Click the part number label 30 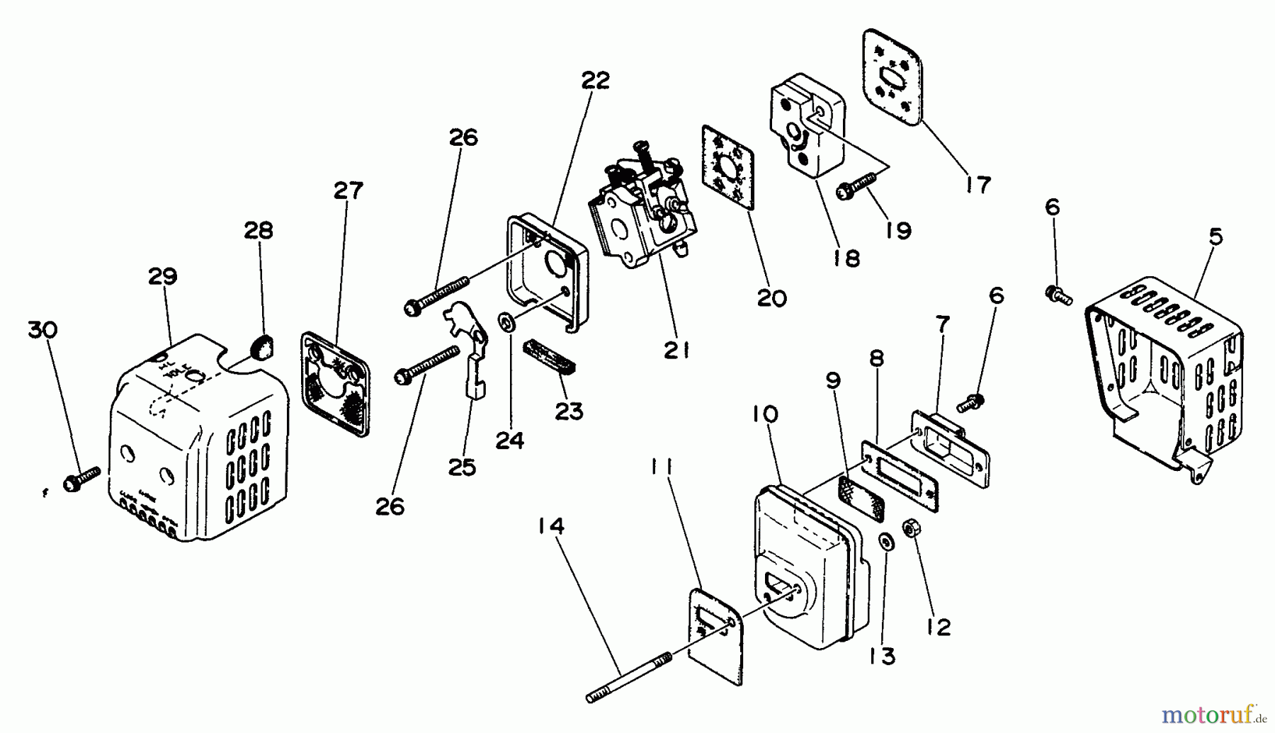[42, 329]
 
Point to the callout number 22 [595, 81]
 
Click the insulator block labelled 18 [807, 131]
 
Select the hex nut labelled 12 [912, 529]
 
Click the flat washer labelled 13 [884, 542]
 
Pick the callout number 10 [764, 414]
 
